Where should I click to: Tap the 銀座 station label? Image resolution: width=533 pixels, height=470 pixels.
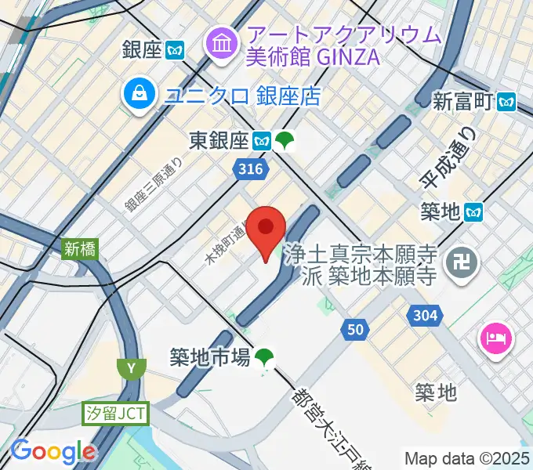(143, 50)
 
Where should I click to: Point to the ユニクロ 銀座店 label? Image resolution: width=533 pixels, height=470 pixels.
(243, 96)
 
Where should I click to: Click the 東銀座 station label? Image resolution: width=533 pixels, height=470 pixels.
(219, 141)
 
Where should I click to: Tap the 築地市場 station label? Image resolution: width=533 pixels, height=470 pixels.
(210, 357)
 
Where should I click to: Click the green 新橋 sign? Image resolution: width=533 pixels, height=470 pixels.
(79, 249)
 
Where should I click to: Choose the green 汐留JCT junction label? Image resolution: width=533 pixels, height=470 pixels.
(117, 413)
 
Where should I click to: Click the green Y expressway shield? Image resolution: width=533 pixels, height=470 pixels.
(129, 367)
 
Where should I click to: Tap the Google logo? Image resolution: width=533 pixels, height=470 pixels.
(53, 452)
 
